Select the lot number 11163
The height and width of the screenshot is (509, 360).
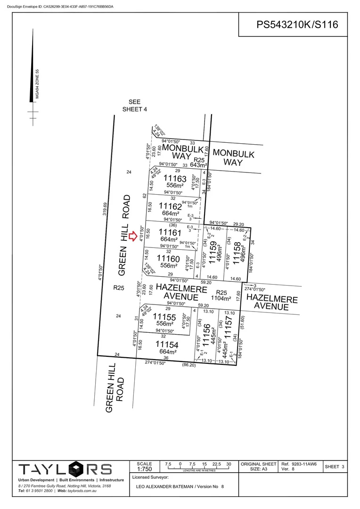click(175, 179)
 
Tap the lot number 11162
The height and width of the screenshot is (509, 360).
click(170, 206)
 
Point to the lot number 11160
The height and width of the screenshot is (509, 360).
click(168, 259)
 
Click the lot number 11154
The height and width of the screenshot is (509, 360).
click(167, 345)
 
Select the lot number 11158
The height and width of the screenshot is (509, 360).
click(237, 251)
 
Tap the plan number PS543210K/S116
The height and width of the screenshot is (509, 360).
click(297, 25)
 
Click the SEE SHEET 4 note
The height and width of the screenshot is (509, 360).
click(135, 106)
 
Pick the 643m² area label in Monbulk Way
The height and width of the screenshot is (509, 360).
click(199, 165)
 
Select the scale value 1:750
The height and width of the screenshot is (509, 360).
click(144, 470)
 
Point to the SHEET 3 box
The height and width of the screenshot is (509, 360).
click(335, 467)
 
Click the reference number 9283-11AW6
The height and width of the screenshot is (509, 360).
click(304, 464)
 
